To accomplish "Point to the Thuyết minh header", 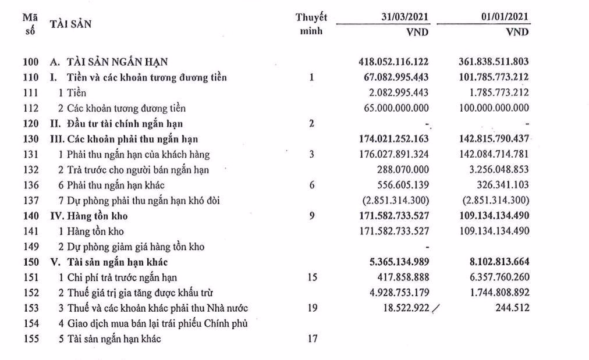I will (x=311, y=24).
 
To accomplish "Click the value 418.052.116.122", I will (x=394, y=61).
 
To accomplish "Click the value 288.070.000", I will (x=403, y=170).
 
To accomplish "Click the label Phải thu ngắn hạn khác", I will (x=111, y=186).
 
